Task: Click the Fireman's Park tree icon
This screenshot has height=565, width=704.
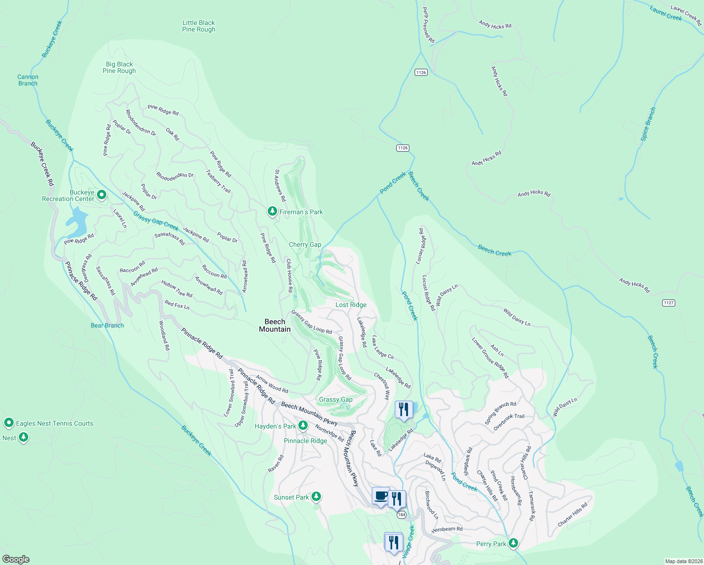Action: (x=272, y=211)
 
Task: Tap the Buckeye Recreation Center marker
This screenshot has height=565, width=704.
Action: (x=101, y=194)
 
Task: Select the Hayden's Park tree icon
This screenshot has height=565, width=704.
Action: (x=303, y=426)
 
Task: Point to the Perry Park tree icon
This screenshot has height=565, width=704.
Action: (x=513, y=543)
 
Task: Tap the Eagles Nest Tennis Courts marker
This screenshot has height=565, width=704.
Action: (x=8, y=423)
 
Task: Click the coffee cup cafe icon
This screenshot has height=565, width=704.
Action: (x=381, y=496)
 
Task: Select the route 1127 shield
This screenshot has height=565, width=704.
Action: (x=669, y=303)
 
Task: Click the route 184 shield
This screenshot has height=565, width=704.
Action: (x=401, y=515)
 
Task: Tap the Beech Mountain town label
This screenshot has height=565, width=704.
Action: (x=275, y=325)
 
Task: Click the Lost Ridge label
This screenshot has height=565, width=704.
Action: (x=351, y=305)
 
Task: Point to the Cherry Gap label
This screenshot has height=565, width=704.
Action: (x=305, y=244)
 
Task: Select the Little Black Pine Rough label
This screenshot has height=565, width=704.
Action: (x=199, y=26)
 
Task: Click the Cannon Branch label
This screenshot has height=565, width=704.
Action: (x=28, y=80)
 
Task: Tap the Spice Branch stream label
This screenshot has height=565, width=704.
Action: (x=648, y=124)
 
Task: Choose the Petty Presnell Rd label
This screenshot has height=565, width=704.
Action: (x=428, y=25)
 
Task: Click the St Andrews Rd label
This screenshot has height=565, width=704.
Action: (x=280, y=186)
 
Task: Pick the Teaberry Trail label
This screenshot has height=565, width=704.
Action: (x=218, y=181)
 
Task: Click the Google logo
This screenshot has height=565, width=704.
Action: (x=16, y=559)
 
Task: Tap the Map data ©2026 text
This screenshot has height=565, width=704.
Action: (x=683, y=561)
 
